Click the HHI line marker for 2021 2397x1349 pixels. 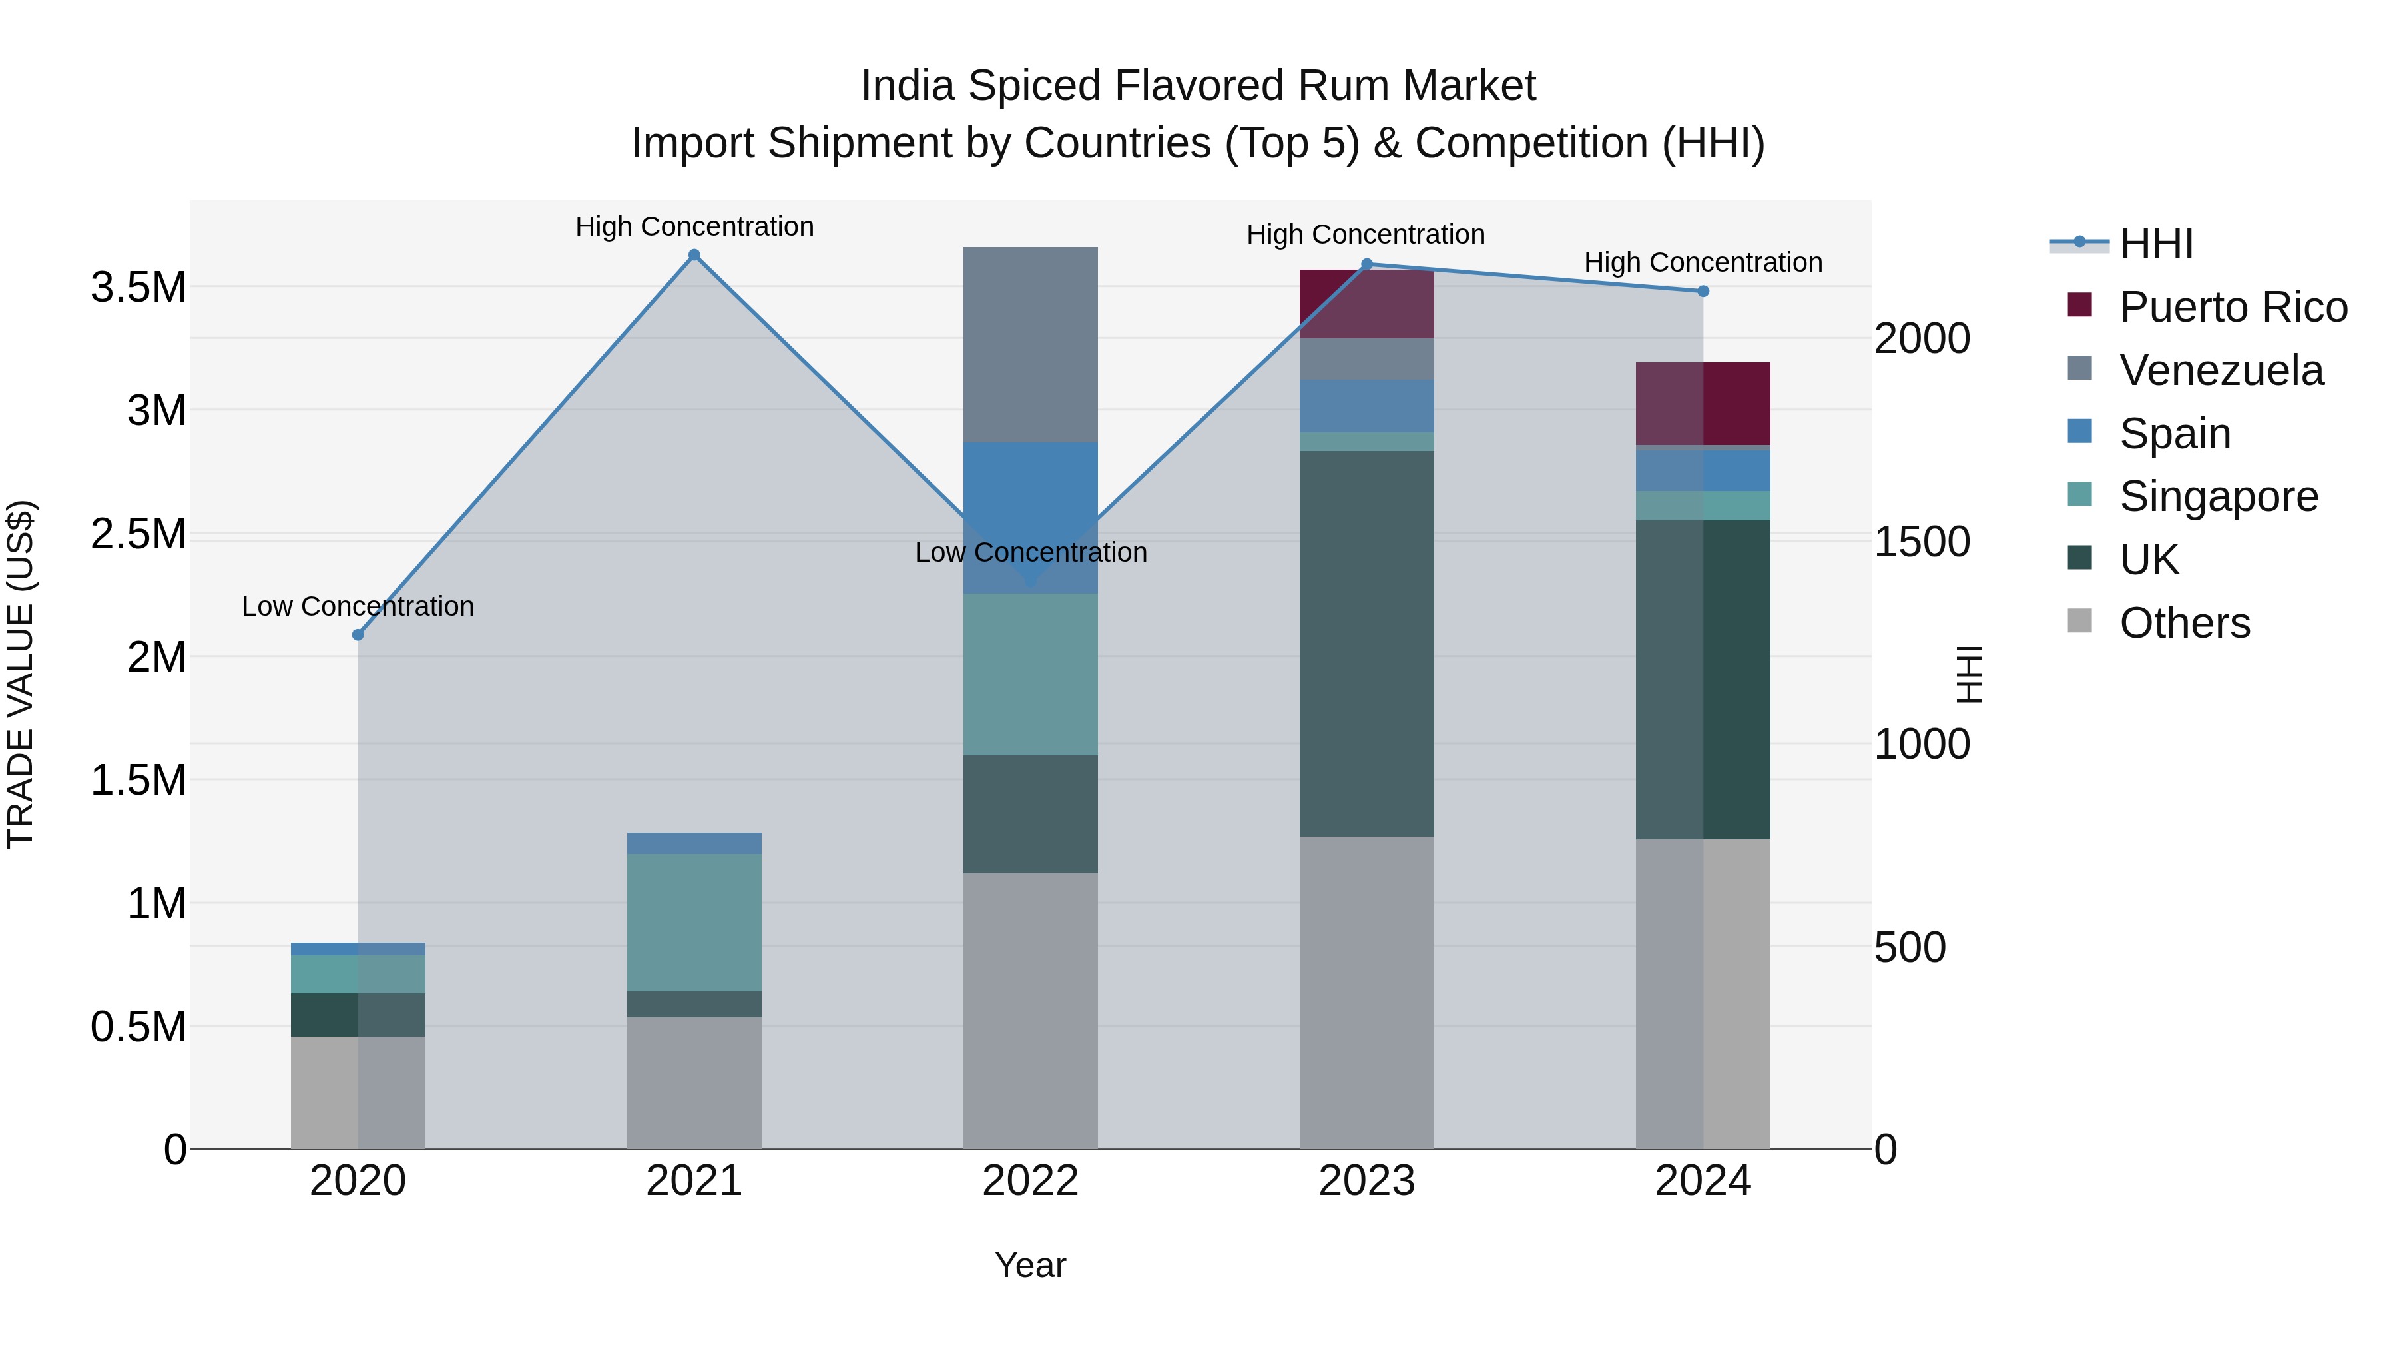tap(694, 255)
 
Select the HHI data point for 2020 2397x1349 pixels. tap(358, 635)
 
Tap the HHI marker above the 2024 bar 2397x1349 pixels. tap(1703, 291)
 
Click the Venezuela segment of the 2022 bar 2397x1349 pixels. tap(1030, 344)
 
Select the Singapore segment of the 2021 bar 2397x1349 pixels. tap(694, 922)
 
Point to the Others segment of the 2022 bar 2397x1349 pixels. tap(1030, 1010)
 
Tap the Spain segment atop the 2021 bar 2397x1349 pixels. tap(694, 843)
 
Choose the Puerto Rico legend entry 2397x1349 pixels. tap(2233, 307)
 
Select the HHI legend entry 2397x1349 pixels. tap(2155, 244)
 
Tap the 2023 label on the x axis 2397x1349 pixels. tap(1366, 1181)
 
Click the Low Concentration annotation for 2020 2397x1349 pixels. tap(358, 606)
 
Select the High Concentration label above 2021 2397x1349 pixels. tap(694, 226)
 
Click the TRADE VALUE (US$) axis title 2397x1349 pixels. tap(21, 674)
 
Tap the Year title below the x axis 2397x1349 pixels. tap(1030, 1265)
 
